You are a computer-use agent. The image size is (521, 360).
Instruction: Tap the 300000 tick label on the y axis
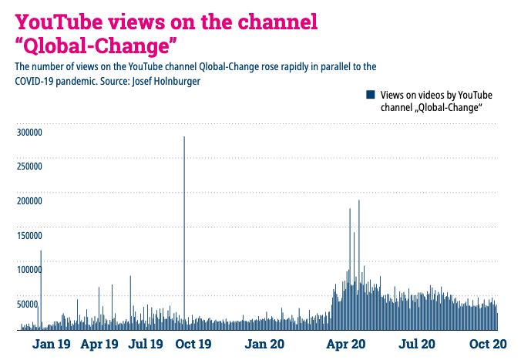coord(29,133)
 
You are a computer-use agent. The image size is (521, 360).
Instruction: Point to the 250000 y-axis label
coord(29,167)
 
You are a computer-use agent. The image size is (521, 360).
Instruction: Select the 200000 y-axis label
coord(29,201)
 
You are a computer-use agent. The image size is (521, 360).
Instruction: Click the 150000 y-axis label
coord(29,235)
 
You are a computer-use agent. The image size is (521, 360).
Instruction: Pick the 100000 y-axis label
coord(29,269)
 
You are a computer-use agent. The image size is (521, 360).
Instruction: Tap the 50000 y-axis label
coord(27,304)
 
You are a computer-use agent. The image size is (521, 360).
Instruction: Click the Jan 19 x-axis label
coord(52,344)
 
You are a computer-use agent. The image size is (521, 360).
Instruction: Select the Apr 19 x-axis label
coord(99,344)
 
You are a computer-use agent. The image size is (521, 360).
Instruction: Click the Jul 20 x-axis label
coord(417,344)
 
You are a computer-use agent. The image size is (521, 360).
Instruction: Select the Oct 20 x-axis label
coord(488,344)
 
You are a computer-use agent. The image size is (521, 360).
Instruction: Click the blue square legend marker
coord(370,94)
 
